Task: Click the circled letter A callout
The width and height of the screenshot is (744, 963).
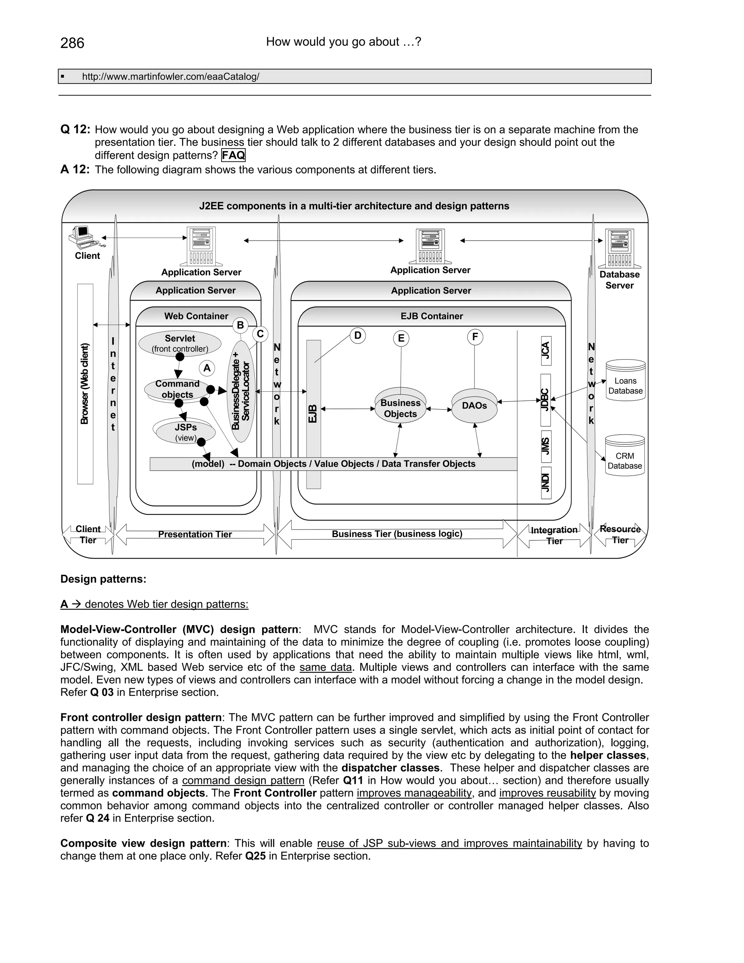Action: coord(207,368)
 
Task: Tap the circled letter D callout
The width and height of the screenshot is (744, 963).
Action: coord(357,336)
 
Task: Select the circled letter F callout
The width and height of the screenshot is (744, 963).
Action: coord(475,337)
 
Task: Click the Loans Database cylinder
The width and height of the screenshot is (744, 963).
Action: coord(626,380)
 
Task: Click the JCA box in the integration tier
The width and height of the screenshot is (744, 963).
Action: coord(546,351)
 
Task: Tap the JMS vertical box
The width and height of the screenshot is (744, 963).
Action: coord(546,446)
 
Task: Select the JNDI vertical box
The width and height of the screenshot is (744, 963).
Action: coord(546,483)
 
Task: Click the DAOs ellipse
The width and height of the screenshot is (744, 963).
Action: coord(474,406)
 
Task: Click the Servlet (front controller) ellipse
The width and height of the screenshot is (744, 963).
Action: coord(180,343)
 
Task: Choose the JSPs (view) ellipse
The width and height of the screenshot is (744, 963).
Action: coord(185,432)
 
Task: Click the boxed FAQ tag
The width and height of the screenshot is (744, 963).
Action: coord(233,155)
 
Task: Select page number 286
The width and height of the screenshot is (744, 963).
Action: coord(72,43)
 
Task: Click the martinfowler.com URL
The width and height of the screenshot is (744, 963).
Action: coord(171,77)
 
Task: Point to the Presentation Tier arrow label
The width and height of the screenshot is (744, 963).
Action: coord(195,535)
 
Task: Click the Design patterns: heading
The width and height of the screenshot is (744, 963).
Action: coord(103,579)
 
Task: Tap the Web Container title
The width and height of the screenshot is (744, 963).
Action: coord(196,316)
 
